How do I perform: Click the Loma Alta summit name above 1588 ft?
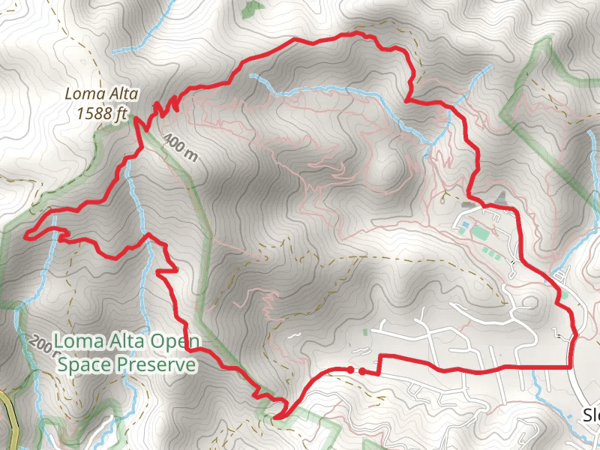pyautogui.click(x=96, y=94)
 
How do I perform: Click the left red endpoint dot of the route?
pyautogui.click(x=349, y=369)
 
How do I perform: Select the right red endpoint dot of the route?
pyautogui.click(x=361, y=370)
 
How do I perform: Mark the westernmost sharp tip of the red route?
pyautogui.click(x=25, y=236)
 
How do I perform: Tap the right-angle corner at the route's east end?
pyautogui.click(x=571, y=366)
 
